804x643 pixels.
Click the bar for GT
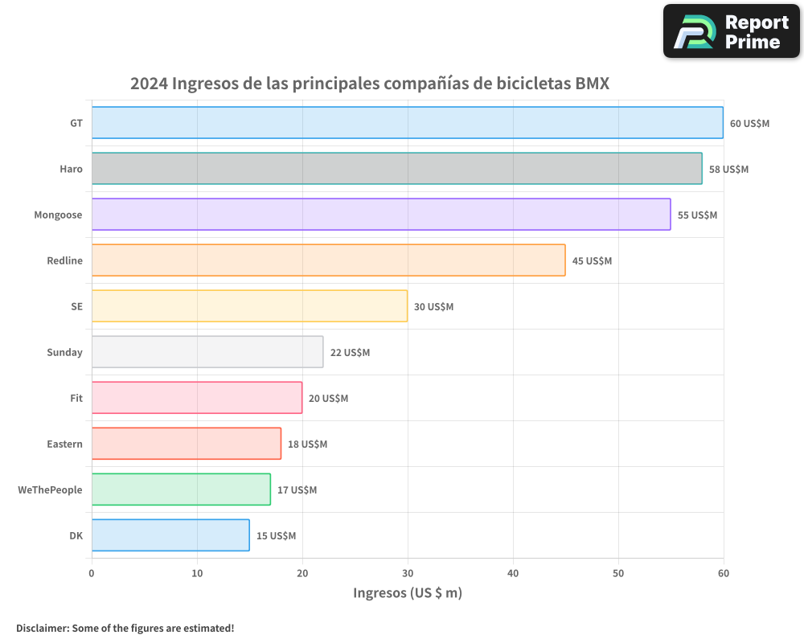[407, 123]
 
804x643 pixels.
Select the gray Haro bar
[396, 169]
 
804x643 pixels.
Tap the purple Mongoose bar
[380, 215]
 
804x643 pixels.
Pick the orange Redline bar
[328, 260]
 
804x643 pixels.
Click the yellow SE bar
[249, 306]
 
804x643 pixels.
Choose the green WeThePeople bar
[181, 489]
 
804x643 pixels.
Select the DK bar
[170, 535]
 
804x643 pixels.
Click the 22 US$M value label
[350, 353]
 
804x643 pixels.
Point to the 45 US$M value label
[592, 261]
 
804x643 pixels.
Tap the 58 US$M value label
[728, 170]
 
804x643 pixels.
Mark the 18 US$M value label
[307, 444]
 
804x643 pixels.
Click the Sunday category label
[64, 353]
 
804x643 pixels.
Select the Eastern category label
[64, 444]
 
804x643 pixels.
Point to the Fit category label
[76, 399]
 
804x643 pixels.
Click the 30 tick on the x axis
[408, 573]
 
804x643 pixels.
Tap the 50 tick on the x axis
[618, 573]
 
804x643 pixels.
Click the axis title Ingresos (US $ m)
[408, 593]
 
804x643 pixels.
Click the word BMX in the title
[593, 84]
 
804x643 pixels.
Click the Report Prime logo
[731, 31]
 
